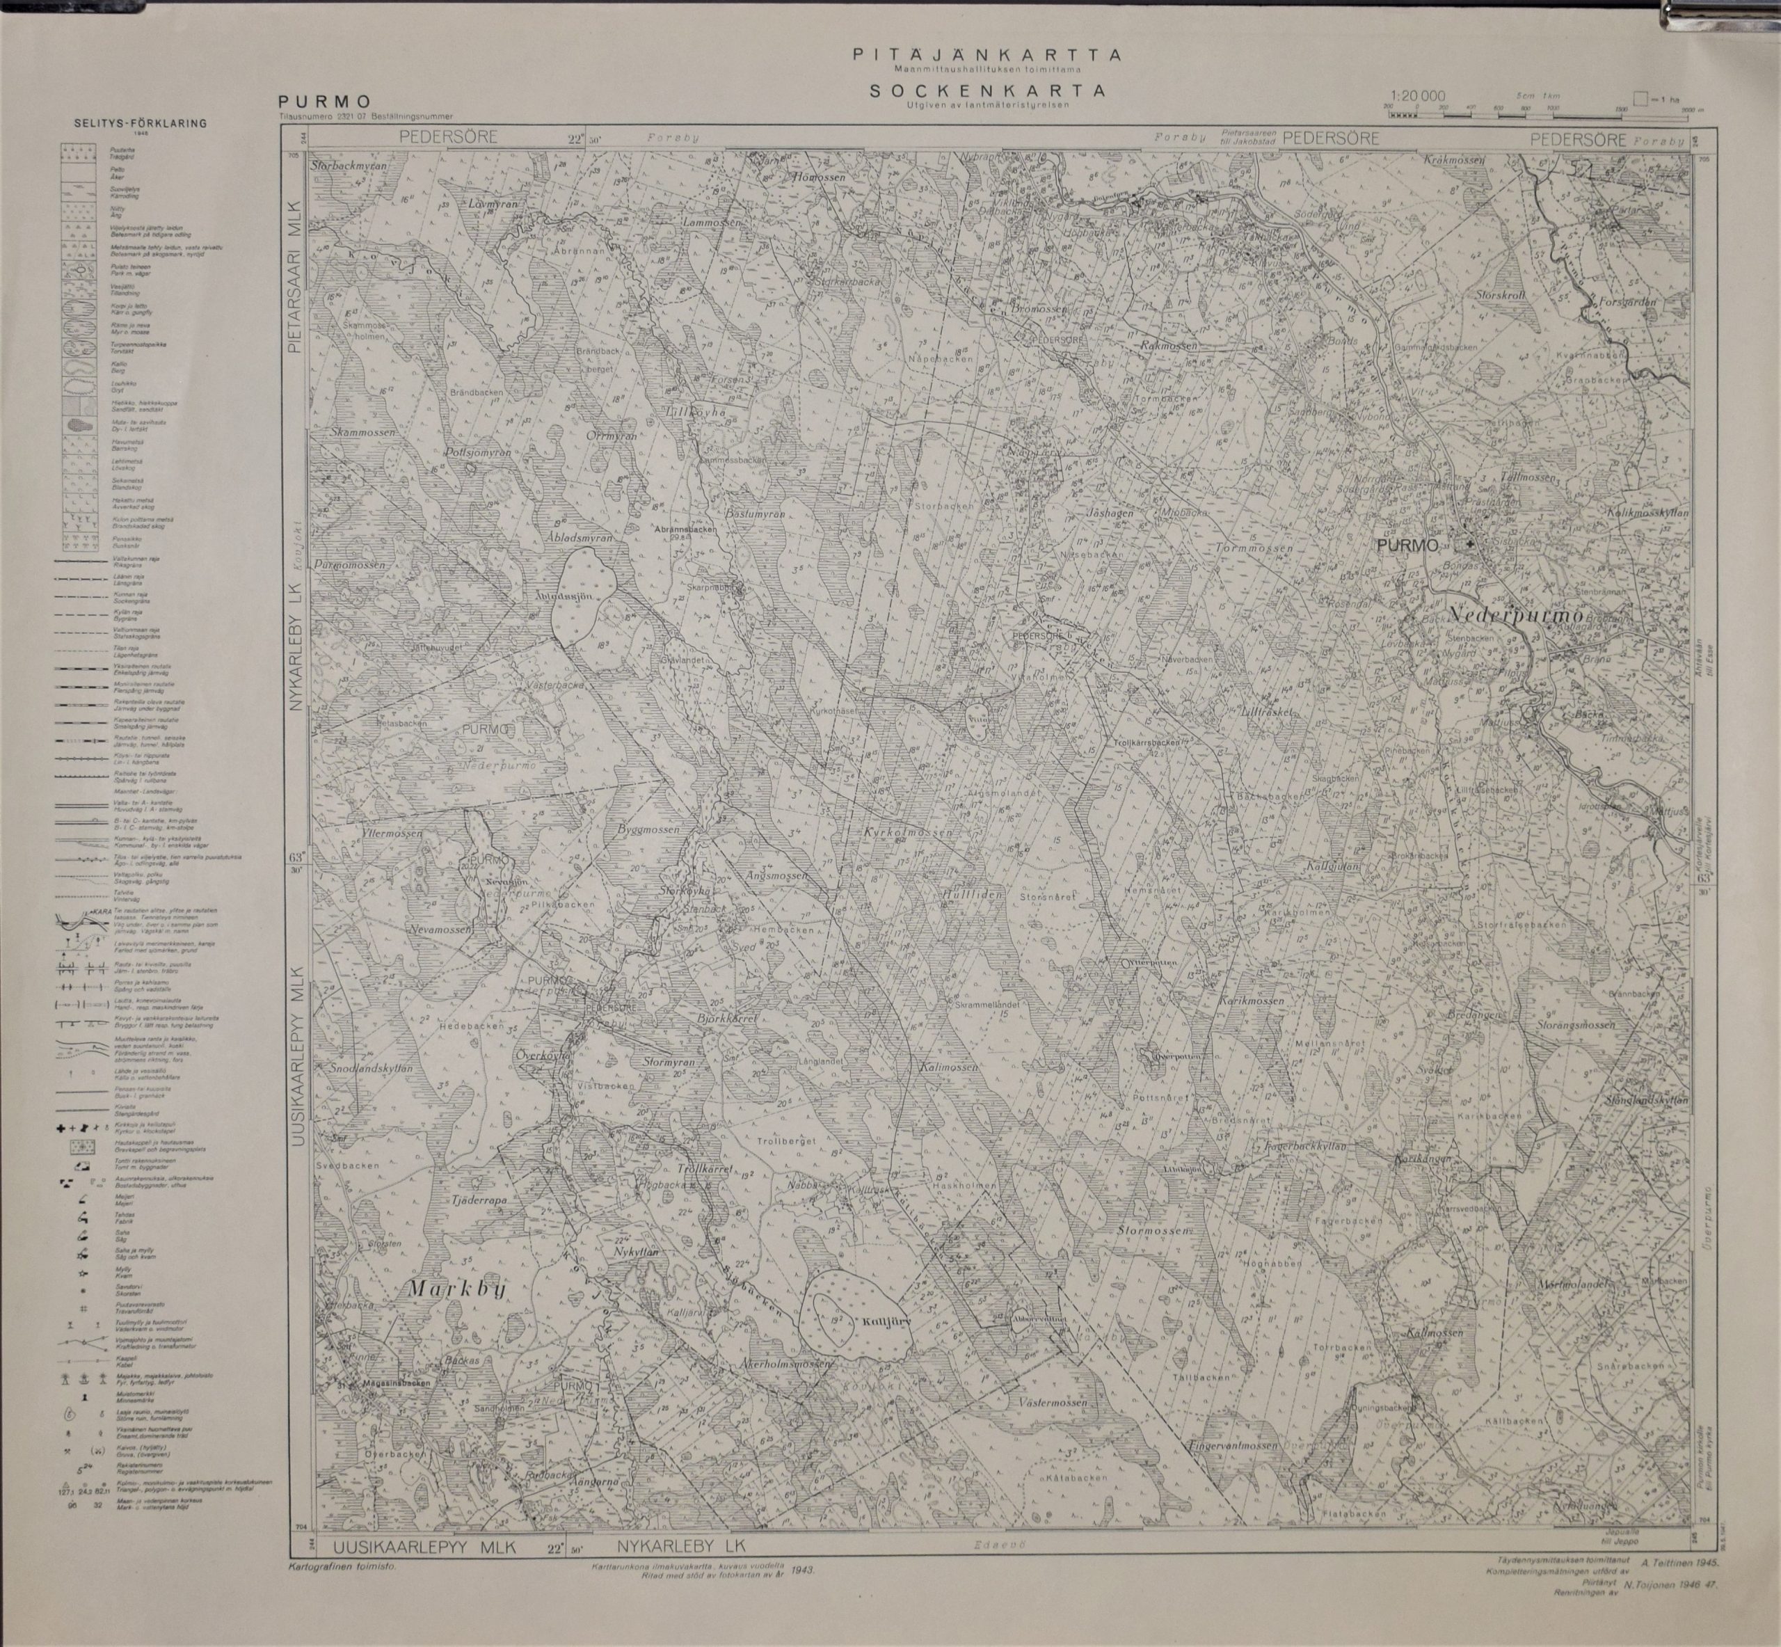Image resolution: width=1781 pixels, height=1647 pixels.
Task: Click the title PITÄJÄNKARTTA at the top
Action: (987, 55)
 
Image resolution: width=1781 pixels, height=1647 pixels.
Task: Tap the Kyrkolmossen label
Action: (908, 831)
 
